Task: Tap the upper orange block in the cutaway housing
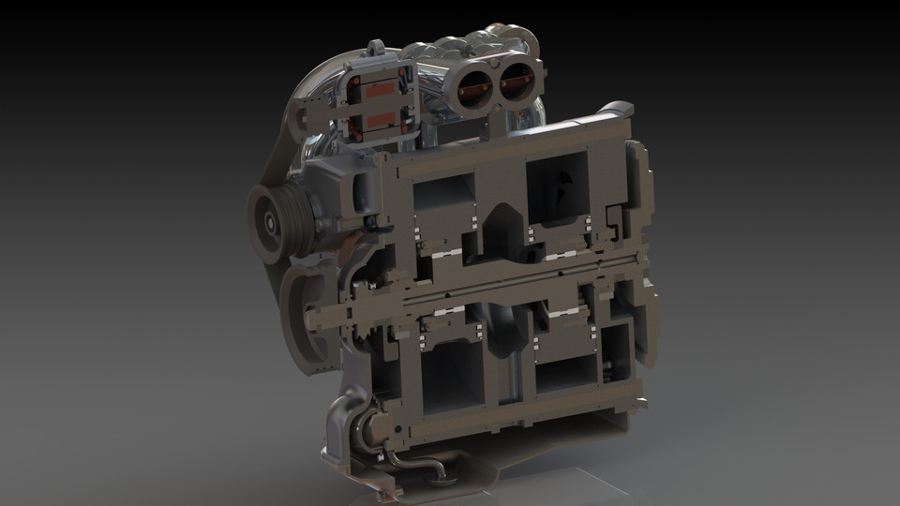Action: [x=381, y=91]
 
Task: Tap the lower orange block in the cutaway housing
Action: [x=381, y=121]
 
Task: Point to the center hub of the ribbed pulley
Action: [x=269, y=223]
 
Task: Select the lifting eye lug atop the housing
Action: [x=377, y=49]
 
